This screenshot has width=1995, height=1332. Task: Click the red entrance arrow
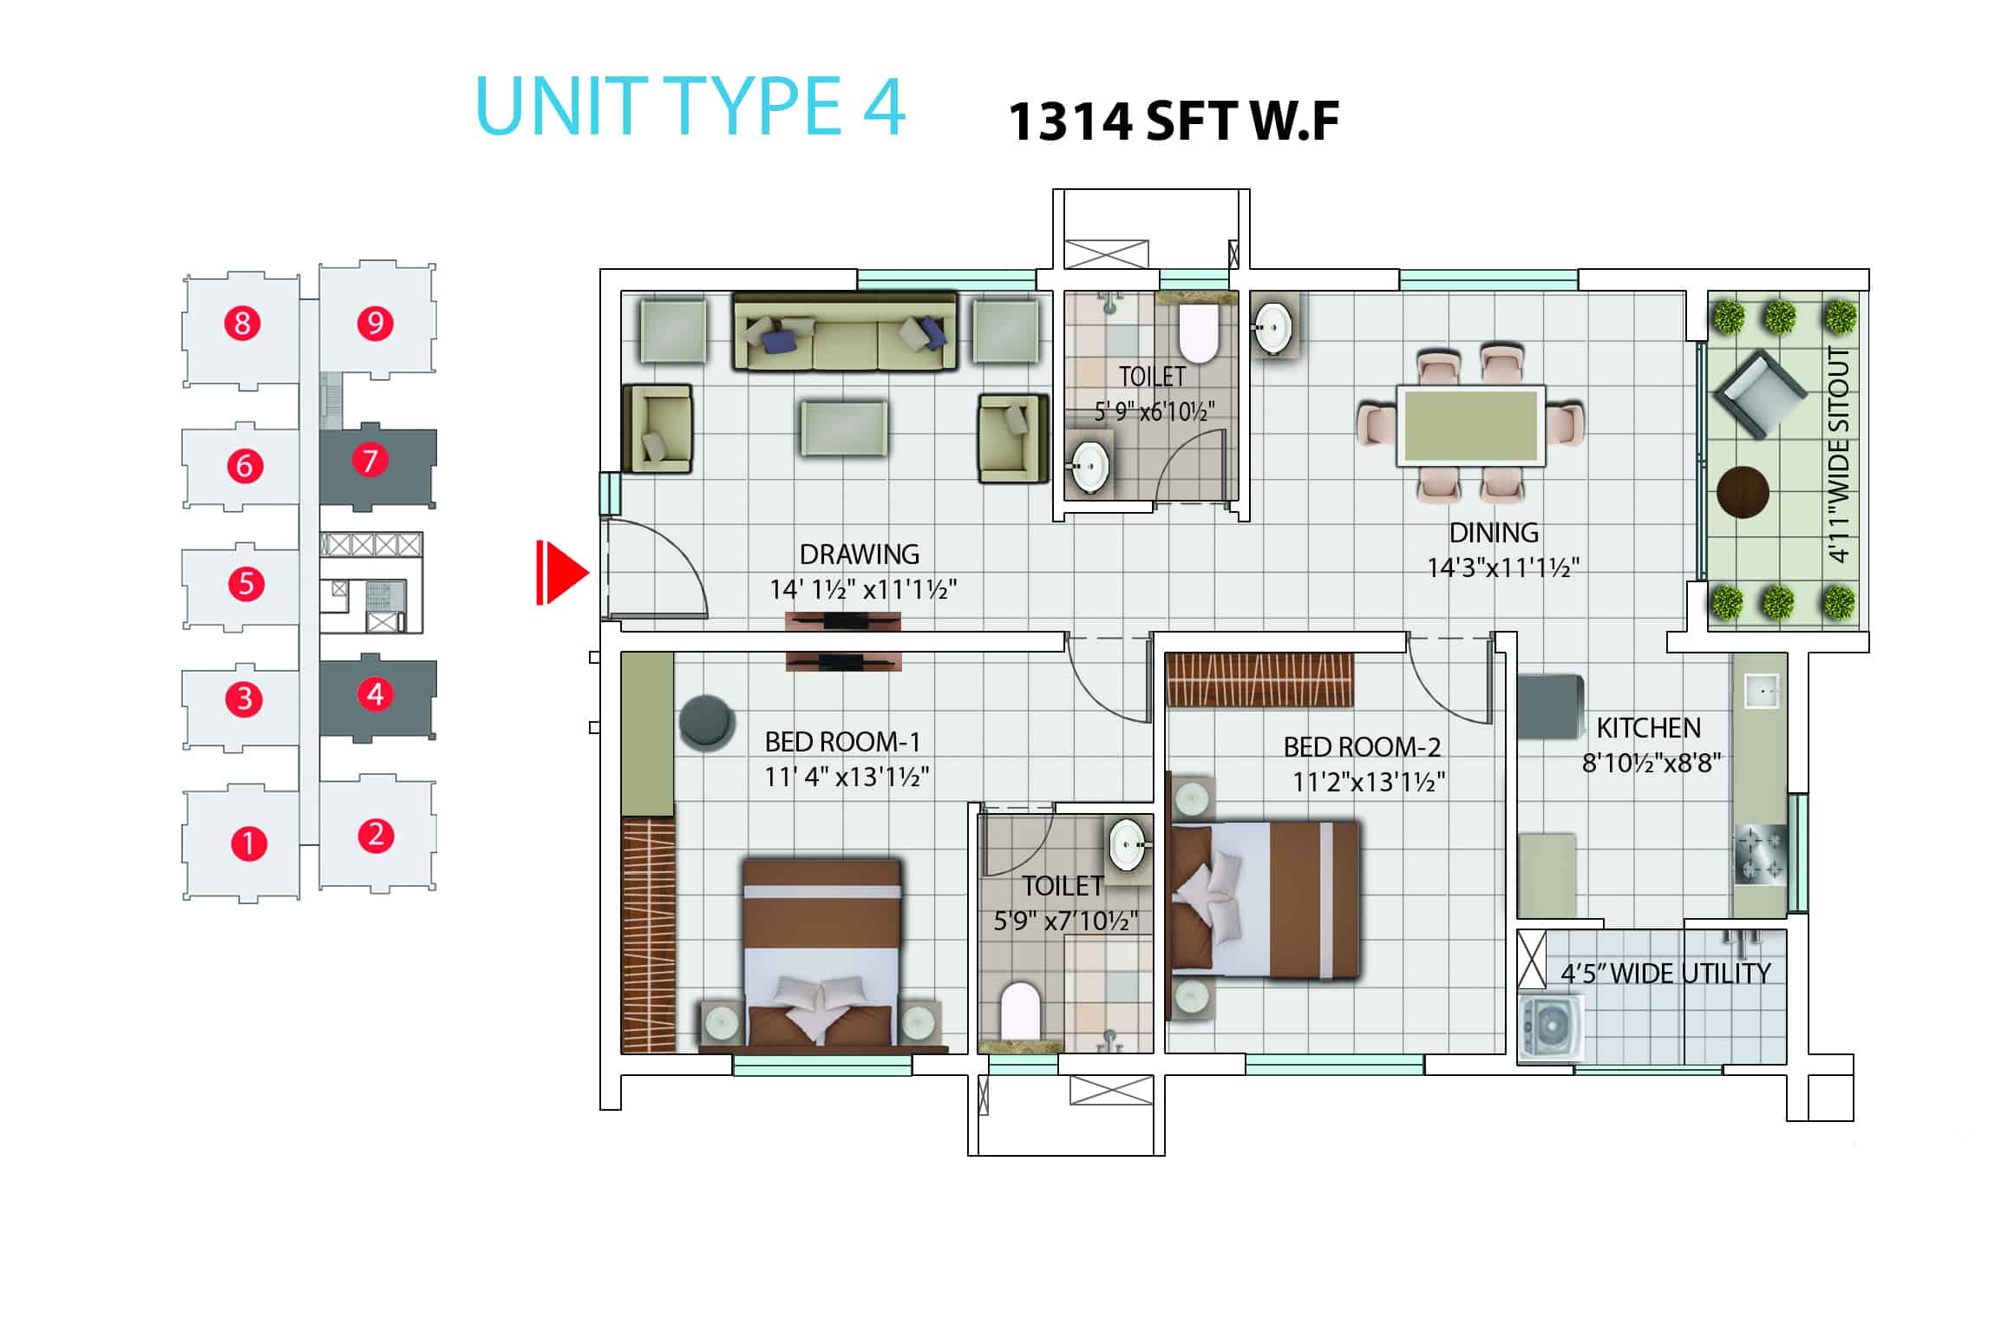tap(562, 572)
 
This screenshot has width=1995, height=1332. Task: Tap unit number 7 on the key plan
tap(370, 460)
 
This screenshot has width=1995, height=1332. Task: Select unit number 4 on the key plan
tap(375, 694)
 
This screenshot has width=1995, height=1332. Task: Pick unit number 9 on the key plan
tap(375, 324)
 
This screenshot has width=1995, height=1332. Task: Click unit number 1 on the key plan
tap(248, 843)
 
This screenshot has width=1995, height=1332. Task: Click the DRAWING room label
tap(859, 554)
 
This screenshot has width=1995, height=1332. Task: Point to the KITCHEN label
tap(1648, 727)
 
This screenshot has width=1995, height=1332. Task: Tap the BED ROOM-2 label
tap(1362, 747)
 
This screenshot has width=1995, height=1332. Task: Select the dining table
tap(1470, 426)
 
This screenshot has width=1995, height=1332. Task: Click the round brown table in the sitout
tap(1743, 492)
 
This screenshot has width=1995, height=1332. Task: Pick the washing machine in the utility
tap(1550, 1029)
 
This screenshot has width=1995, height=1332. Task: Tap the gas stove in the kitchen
tap(1760, 855)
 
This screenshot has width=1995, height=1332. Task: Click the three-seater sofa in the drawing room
tap(845, 331)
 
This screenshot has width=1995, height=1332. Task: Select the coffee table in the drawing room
tap(843, 427)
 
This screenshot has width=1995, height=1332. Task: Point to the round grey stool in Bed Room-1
tap(707, 722)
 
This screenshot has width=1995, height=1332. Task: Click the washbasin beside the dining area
tap(1274, 329)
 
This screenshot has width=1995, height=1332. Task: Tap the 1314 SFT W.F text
tap(1174, 121)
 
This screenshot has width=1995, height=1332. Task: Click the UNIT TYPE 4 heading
tap(690, 106)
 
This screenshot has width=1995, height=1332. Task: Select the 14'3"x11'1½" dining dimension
tap(1503, 568)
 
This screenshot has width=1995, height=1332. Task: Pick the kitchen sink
tap(1761, 692)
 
